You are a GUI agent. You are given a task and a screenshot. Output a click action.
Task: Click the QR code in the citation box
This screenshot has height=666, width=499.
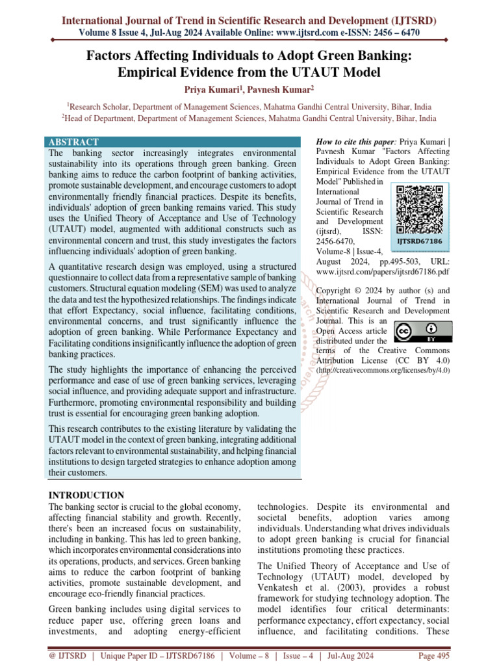click(419, 209)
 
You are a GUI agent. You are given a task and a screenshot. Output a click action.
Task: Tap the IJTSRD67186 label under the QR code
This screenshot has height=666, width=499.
click(419, 241)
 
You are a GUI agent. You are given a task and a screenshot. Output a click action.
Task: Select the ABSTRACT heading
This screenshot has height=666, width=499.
click(73, 142)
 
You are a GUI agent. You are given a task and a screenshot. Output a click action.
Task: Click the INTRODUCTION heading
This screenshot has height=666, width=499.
click(86, 496)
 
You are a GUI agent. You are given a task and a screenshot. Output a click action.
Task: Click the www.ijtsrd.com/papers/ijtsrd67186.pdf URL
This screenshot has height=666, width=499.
click(383, 271)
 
